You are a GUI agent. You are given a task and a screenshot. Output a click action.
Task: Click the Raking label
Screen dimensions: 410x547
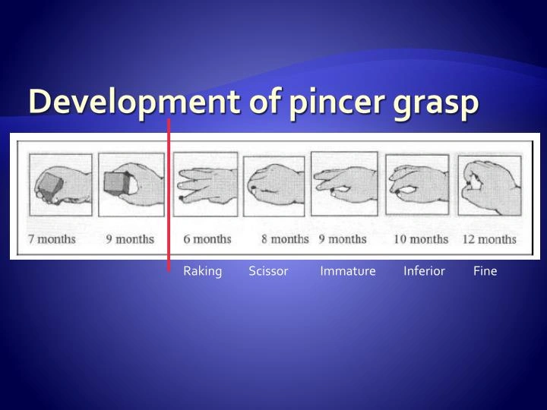tap(202, 271)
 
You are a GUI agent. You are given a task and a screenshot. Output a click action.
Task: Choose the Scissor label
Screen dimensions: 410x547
tap(268, 271)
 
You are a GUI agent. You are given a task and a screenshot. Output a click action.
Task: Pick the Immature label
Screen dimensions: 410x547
tap(348, 271)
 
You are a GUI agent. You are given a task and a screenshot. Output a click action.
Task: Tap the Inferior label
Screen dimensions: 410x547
tap(424, 271)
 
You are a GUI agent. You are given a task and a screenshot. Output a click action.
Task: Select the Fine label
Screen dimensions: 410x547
tap(485, 271)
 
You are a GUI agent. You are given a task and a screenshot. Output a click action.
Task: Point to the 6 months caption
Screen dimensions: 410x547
tap(207, 239)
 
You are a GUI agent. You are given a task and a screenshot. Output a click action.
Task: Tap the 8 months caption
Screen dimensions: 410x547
tap(285, 239)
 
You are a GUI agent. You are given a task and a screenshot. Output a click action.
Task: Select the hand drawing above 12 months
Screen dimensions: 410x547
tap(489, 186)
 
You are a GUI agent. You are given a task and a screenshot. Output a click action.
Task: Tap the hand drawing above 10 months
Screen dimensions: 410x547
tap(416, 187)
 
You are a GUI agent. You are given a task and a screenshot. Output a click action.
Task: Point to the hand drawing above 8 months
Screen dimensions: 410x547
tap(277, 187)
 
